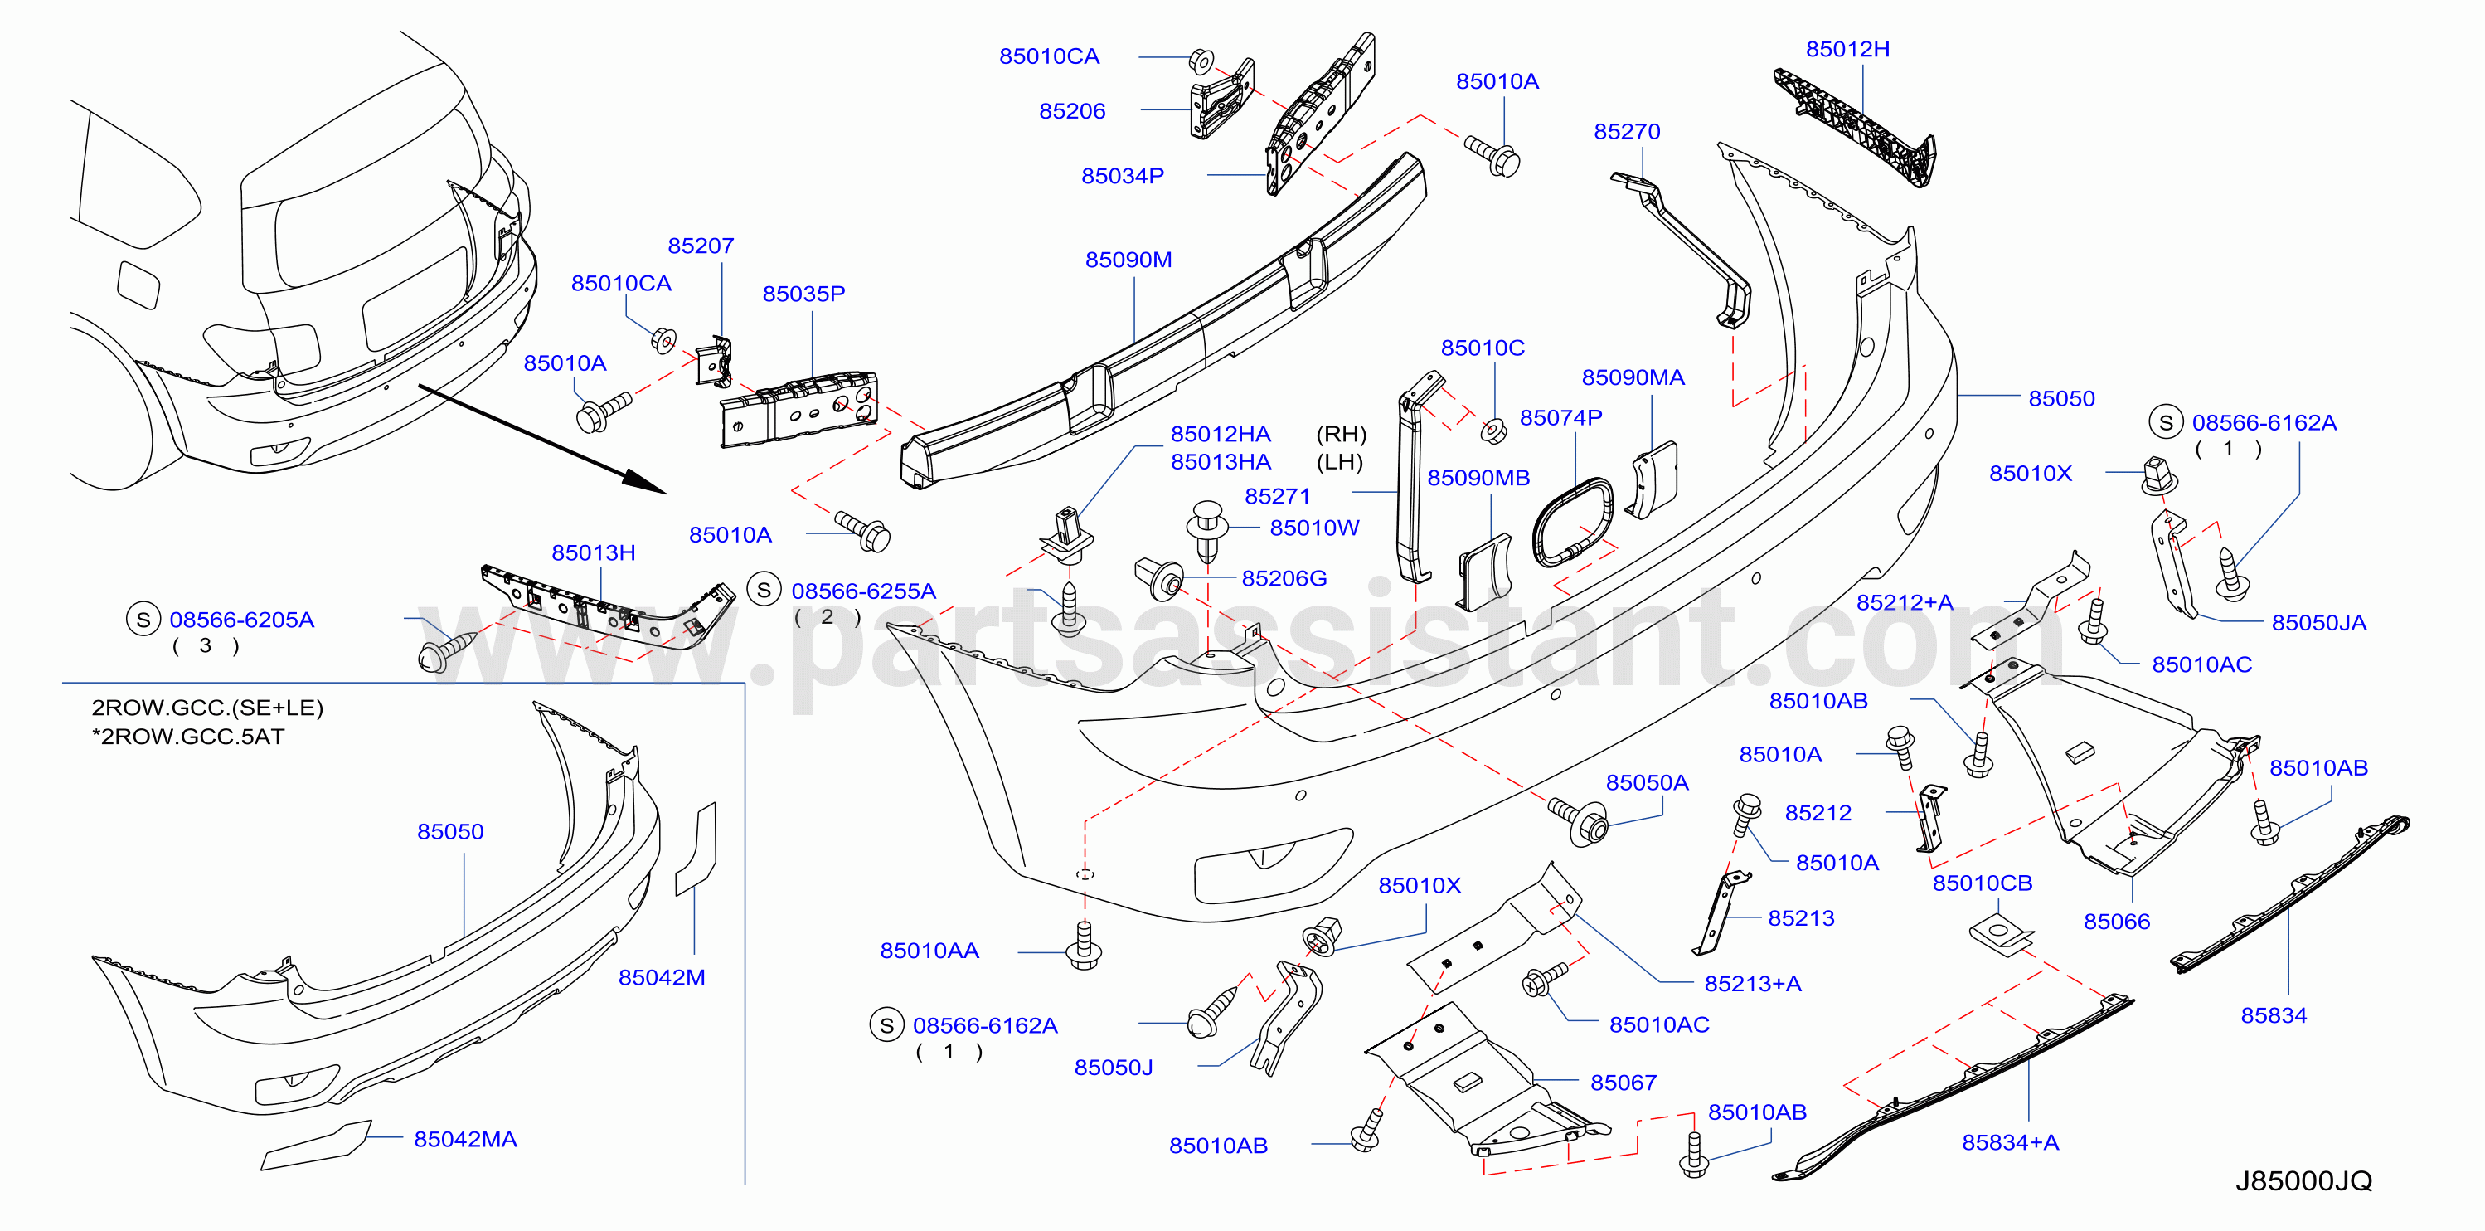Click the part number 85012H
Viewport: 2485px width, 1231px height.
coord(1847,49)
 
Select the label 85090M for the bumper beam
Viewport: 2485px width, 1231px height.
coord(1128,260)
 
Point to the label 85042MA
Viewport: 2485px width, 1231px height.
coord(465,1140)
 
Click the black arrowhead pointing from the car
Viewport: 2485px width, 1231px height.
coord(643,481)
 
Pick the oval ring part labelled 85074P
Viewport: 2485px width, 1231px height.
coord(1572,522)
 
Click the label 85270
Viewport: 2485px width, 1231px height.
coord(1627,131)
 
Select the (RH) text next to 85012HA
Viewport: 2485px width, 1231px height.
coord(1341,434)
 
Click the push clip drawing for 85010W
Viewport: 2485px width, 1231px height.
coord(1206,529)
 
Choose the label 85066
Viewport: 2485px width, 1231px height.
coord(2117,922)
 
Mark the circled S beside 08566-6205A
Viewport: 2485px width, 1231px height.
coord(143,620)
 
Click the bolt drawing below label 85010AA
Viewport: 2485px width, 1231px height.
coord(1085,945)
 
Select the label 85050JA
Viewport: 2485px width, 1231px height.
coord(2318,622)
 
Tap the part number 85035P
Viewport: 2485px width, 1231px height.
coord(803,294)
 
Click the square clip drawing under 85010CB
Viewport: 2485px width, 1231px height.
coord(2000,935)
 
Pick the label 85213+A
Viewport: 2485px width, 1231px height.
coord(1752,983)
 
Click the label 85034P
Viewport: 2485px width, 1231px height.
coord(1122,176)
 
